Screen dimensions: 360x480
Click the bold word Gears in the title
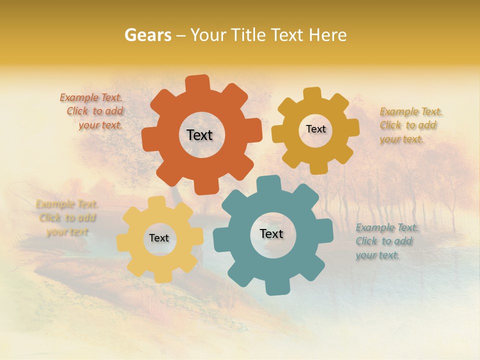(147, 35)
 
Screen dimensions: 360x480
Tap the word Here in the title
(327, 35)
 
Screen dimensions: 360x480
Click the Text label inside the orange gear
(199, 135)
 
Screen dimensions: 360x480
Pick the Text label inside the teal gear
(271, 233)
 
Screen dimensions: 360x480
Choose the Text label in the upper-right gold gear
(315, 129)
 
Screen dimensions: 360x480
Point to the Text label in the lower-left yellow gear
(159, 238)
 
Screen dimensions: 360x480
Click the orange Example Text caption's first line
(91, 97)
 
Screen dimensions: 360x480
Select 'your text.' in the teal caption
(377, 255)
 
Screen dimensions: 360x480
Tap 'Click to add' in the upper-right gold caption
(407, 125)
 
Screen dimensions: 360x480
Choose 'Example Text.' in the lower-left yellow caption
(66, 204)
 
